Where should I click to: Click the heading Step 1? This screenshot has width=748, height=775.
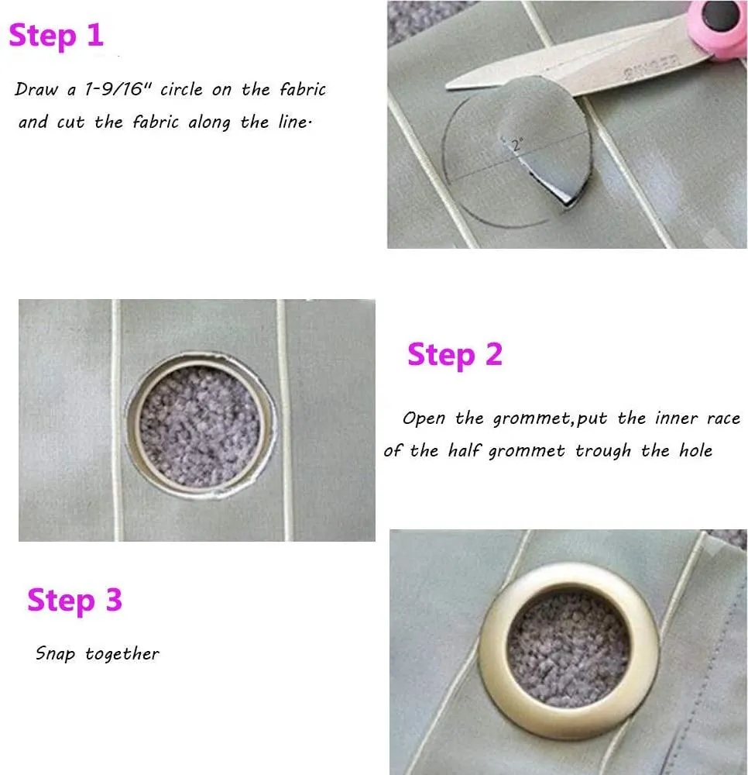(x=57, y=36)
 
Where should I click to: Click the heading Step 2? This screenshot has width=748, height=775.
(x=455, y=356)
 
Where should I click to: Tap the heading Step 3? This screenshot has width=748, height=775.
(x=74, y=601)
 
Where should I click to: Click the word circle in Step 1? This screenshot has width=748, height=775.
(x=181, y=89)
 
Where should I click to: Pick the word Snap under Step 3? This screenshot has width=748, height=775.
(x=55, y=654)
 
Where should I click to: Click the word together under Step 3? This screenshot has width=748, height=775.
(x=122, y=654)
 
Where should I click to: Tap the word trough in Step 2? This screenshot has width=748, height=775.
(x=603, y=451)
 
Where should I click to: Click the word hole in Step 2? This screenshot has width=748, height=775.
(x=695, y=450)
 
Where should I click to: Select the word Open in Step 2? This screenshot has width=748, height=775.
(x=424, y=419)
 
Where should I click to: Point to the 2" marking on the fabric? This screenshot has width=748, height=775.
(x=516, y=145)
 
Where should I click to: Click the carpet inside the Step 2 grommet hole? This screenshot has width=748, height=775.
(x=200, y=426)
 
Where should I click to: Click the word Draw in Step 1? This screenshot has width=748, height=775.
(x=36, y=89)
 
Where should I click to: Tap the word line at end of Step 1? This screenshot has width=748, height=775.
(x=294, y=122)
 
